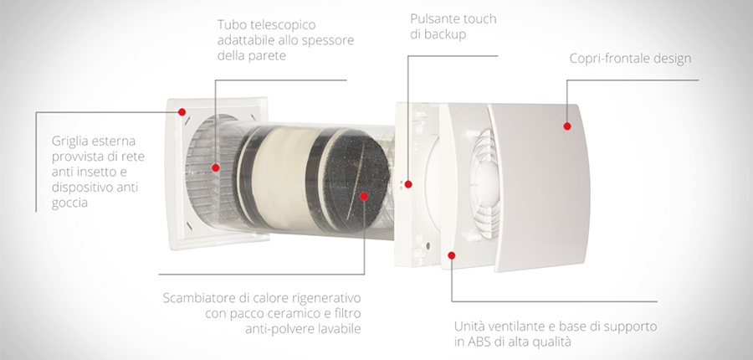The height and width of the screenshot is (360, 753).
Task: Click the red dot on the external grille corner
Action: tap(182, 112)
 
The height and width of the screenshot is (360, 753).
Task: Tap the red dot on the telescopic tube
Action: tap(216, 167)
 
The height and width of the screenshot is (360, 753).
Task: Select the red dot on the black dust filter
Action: tap(364, 196)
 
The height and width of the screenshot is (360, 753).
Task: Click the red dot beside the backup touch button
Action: tap(408, 184)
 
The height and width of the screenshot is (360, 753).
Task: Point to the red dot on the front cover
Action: tap(567, 126)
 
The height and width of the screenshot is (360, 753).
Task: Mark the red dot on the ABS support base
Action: tap(452, 255)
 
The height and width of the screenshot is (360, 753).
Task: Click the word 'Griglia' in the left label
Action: tap(69, 141)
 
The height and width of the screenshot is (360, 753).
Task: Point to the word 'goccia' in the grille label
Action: tap(70, 203)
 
